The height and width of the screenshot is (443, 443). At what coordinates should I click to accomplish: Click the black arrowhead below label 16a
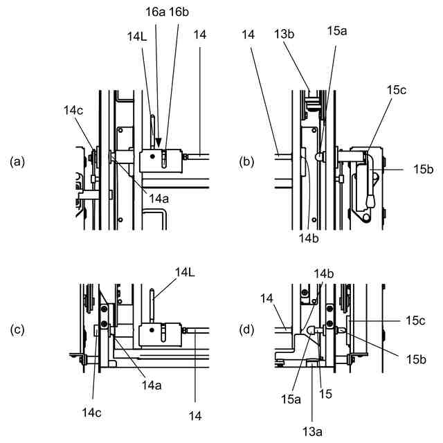(x=159, y=144)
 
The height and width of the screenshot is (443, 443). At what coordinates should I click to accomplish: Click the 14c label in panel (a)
(x=74, y=109)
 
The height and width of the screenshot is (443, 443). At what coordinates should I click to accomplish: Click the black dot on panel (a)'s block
(x=151, y=159)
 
